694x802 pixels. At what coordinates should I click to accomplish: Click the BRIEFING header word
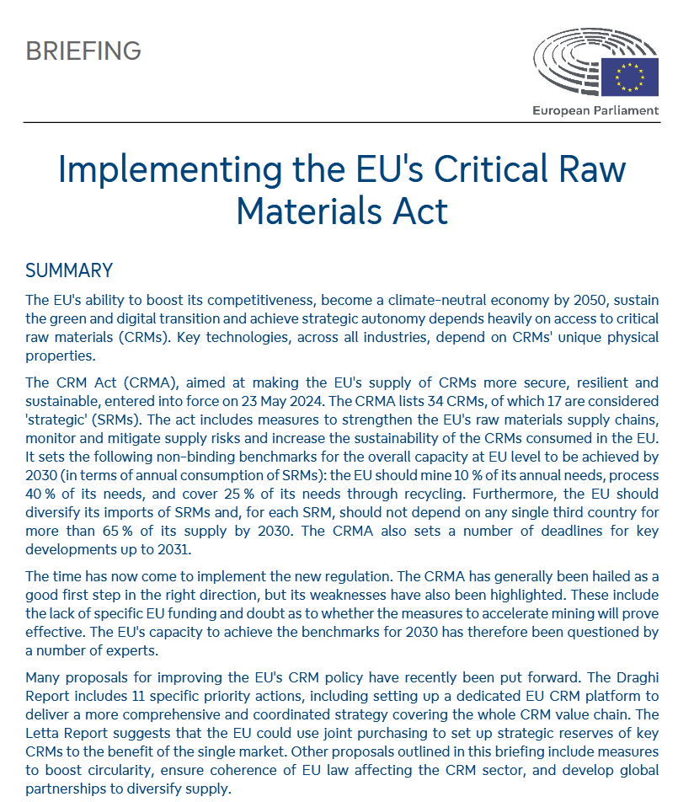coord(83,51)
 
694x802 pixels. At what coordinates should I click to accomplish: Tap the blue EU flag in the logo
coord(630,77)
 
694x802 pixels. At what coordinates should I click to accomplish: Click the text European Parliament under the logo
coord(595,110)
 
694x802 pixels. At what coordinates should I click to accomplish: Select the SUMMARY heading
coord(69,270)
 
